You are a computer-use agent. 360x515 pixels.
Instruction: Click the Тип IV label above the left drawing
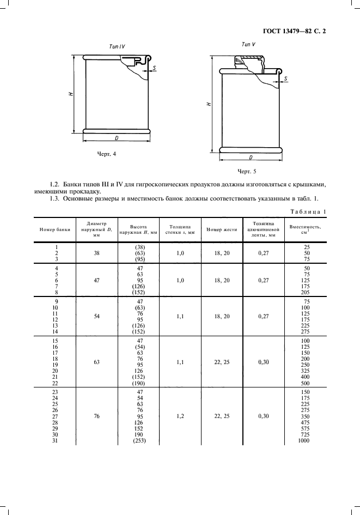(117, 46)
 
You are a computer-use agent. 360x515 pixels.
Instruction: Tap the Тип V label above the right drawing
(248, 44)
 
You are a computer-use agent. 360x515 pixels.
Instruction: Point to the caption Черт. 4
(107, 154)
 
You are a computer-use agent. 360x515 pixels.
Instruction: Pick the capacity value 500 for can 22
(306, 383)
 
